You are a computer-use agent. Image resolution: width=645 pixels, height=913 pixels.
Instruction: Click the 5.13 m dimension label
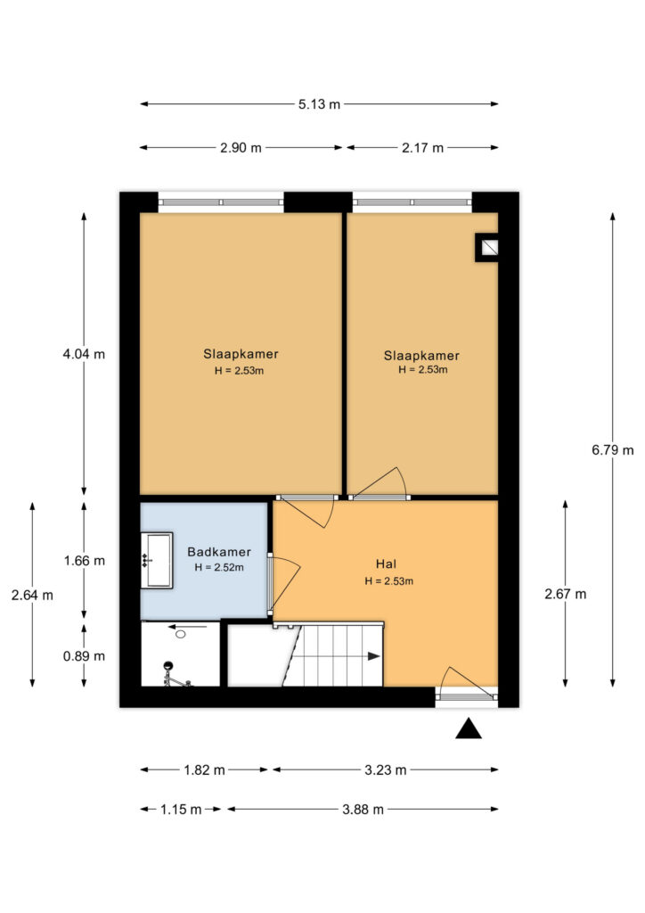coord(319,104)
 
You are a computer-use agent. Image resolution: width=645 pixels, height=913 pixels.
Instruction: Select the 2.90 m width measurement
coord(241,148)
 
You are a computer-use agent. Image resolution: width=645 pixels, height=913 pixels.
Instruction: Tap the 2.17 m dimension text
coord(423,148)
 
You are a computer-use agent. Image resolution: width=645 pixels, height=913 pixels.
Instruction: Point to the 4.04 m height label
coord(84,354)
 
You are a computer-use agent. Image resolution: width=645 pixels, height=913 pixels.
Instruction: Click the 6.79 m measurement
coord(613,450)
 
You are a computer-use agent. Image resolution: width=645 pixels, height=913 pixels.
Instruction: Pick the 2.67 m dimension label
coord(566,594)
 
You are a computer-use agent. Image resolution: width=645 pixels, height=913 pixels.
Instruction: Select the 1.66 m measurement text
coord(85,561)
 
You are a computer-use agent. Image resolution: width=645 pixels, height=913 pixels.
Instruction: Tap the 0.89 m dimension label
coord(85,656)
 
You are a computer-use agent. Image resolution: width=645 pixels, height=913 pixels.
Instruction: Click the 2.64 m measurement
coord(32,595)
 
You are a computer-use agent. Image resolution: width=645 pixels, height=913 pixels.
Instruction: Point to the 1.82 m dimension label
coord(205,770)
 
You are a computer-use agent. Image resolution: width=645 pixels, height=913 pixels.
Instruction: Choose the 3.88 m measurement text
coord(363,810)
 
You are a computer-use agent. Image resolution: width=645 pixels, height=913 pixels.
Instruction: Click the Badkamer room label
coord(219,552)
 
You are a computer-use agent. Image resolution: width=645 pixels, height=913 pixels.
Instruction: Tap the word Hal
coord(386,563)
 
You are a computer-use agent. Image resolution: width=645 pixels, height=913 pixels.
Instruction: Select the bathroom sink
coord(157,560)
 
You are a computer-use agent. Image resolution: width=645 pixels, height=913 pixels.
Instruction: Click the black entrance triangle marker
coord(469,728)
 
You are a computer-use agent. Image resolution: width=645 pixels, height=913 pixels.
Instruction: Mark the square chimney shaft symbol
coord(487,248)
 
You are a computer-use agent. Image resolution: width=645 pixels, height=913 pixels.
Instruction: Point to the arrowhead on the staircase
coord(374,656)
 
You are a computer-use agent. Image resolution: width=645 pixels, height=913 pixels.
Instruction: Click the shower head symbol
coord(169,665)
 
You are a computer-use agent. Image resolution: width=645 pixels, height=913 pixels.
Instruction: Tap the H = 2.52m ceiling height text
coord(219,568)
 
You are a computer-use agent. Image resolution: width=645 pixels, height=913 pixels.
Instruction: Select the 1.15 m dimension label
coord(181,810)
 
